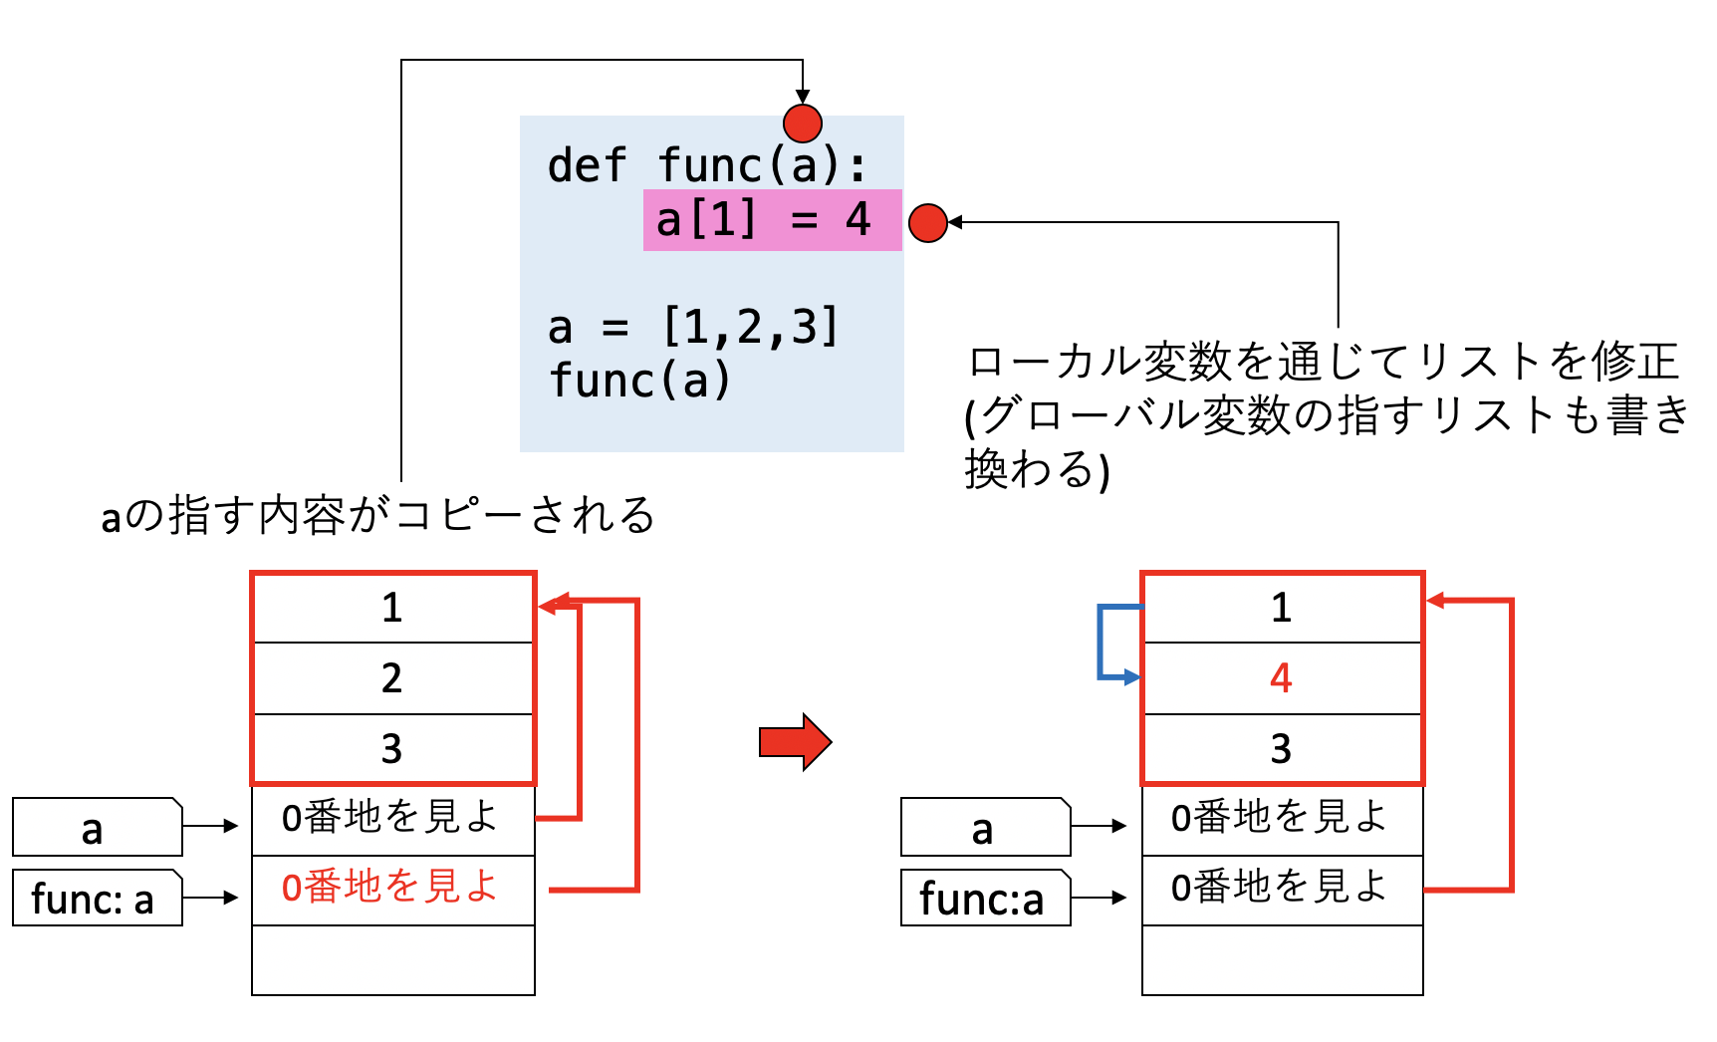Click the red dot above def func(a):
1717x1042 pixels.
803,124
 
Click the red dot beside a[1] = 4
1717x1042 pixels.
928,223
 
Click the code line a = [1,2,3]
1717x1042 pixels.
693,328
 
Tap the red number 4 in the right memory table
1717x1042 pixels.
1281,678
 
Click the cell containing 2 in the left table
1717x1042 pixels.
392,678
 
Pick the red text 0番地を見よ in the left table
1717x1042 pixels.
390,887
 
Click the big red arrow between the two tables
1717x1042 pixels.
795,742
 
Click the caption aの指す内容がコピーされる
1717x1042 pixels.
377,516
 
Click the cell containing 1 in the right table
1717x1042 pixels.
1281,608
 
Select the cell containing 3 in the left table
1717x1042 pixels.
392,749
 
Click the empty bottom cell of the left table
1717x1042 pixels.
392,960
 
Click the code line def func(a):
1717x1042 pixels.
707,165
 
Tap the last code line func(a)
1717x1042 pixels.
640,381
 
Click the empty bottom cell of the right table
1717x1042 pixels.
1281,960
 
